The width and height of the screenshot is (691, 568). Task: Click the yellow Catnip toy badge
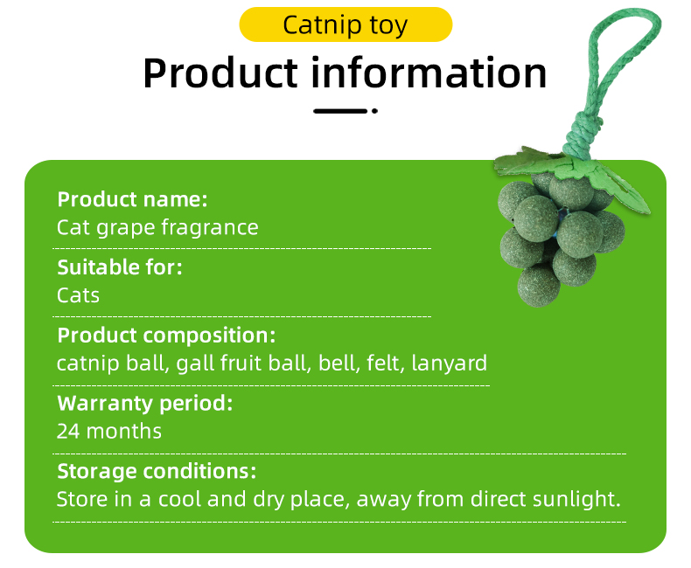tap(345, 24)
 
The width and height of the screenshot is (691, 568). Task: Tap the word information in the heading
tap(429, 73)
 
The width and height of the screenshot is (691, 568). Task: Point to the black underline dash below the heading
tap(339, 111)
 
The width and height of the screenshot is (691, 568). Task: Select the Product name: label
tap(132, 199)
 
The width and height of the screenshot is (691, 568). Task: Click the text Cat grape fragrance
tap(157, 228)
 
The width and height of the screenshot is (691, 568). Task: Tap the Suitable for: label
tap(120, 267)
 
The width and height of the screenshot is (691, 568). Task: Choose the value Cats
tap(78, 295)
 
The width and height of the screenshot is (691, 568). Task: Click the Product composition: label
tap(166, 336)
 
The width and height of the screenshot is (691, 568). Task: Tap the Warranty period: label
tap(145, 404)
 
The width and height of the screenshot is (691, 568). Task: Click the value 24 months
tap(109, 431)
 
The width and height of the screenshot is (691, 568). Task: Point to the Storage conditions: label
tap(157, 472)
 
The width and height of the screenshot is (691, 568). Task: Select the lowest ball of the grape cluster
tap(539, 286)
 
